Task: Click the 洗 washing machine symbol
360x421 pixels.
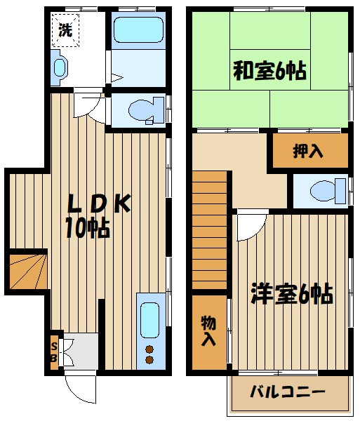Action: pos(65,30)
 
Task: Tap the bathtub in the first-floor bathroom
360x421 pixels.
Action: pos(138,32)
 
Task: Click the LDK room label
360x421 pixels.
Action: pos(98,203)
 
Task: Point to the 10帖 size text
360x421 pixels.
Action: pos(87,228)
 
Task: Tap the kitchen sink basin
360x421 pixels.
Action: pos(149,320)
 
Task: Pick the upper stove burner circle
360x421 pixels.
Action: pos(149,349)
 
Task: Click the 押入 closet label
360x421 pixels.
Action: pos(309,151)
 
